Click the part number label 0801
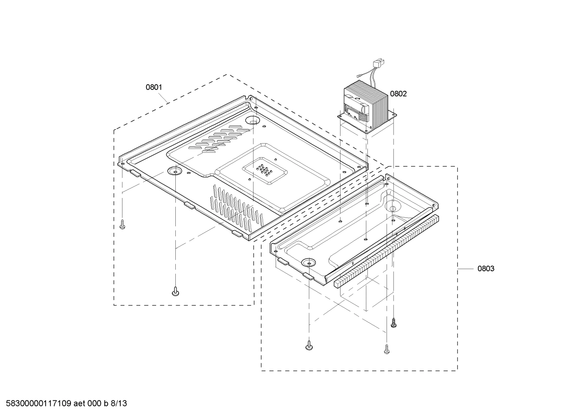pyautogui.click(x=154, y=87)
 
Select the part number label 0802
pyautogui.click(x=398, y=94)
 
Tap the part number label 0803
pyautogui.click(x=486, y=269)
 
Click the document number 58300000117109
pyautogui.click(x=37, y=404)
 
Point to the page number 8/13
pyautogui.click(x=119, y=404)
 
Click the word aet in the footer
pyautogui.click(x=80, y=404)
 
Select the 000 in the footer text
pyautogui.click(x=95, y=404)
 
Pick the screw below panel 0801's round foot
pyautogui.click(x=175, y=291)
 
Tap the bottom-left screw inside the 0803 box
pyautogui.click(x=309, y=346)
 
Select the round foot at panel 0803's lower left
pyautogui.click(x=309, y=262)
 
